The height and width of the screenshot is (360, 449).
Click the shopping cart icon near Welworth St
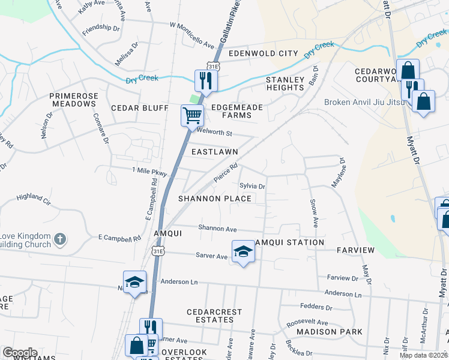(191, 115)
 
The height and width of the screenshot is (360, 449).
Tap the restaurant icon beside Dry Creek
(205, 80)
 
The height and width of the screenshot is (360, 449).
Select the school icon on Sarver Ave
(243, 251)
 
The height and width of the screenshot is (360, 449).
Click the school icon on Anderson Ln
(134, 283)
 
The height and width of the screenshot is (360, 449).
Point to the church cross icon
(59, 239)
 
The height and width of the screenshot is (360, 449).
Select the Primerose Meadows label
(73, 100)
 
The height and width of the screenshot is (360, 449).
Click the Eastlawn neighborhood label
(214, 152)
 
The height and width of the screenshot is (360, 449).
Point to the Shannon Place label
(214, 199)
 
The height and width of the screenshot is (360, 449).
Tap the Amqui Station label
(289, 242)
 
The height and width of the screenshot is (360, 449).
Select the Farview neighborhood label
(355, 250)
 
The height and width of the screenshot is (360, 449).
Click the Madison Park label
(330, 332)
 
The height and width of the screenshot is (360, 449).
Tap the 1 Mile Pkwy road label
(149, 170)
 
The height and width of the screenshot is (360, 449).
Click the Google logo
(20, 353)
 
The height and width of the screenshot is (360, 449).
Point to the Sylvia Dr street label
(252, 186)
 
